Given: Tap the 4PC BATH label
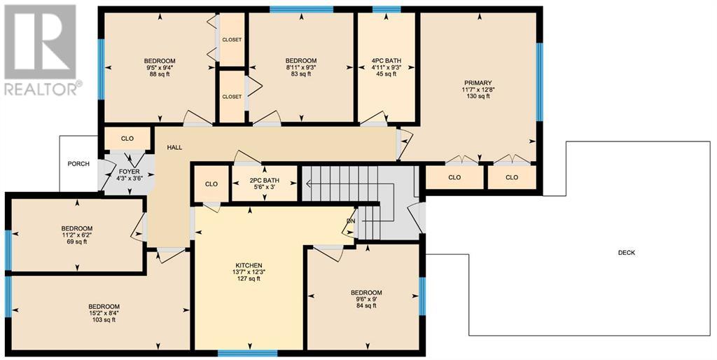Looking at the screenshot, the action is point(386,61).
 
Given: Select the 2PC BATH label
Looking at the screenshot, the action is point(264,181).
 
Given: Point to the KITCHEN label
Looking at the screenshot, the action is point(249,265).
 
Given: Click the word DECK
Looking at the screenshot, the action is point(627,253).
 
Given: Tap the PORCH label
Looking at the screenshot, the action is point(78,164).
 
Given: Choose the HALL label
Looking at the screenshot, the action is point(174,147).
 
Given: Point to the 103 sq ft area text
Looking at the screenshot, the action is point(104,320).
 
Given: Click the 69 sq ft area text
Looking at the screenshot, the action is point(77,242).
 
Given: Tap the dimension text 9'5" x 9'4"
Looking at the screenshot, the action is point(160,68).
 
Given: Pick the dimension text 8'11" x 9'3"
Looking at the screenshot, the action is point(301,68).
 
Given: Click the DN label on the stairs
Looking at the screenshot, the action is point(351,221).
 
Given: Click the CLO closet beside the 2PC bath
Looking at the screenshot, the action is point(211,184).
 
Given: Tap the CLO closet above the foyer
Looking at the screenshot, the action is point(127,139).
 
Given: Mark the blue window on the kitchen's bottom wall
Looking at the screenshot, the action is point(247,353).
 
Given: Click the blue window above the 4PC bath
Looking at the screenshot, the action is point(387,9).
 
